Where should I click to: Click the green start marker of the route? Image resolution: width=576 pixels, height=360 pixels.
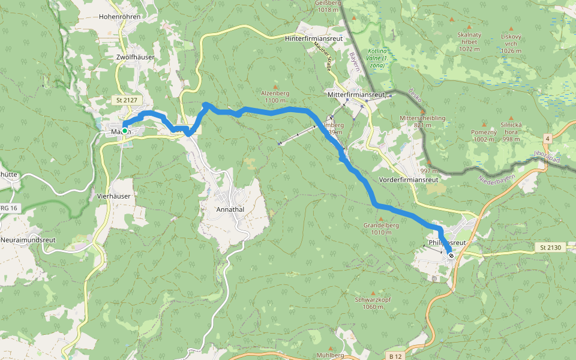(x=125, y=130)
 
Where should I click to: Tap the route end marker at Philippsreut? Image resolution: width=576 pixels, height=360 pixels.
(x=451, y=256)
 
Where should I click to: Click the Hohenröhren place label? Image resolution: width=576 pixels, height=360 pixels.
(x=121, y=17)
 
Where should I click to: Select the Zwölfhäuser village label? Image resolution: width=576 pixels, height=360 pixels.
(x=135, y=57)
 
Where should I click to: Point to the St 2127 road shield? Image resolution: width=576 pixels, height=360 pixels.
(x=124, y=100)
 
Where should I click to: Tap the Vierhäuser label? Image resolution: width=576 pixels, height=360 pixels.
(x=113, y=196)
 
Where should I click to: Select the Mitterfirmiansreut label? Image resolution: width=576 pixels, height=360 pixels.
(x=356, y=95)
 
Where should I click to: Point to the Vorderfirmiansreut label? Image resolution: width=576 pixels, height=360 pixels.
(x=410, y=179)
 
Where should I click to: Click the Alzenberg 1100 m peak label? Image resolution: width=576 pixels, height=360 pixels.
(x=275, y=97)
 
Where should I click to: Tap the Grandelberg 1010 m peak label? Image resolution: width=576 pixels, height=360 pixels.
(x=381, y=229)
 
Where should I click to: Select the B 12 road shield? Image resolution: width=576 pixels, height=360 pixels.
(x=394, y=355)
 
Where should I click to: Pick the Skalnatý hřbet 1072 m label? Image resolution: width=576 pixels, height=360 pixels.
(x=469, y=41)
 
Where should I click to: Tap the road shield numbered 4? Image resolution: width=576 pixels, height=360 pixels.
(x=547, y=139)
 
